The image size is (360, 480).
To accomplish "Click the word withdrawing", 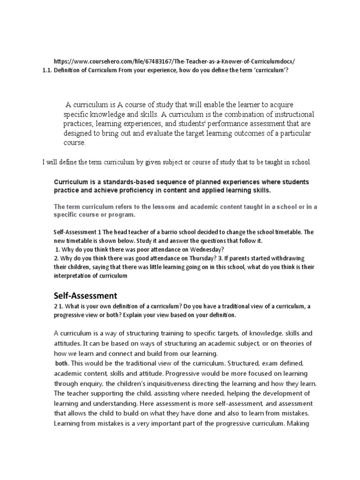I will pyautogui.click(x=281, y=258).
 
